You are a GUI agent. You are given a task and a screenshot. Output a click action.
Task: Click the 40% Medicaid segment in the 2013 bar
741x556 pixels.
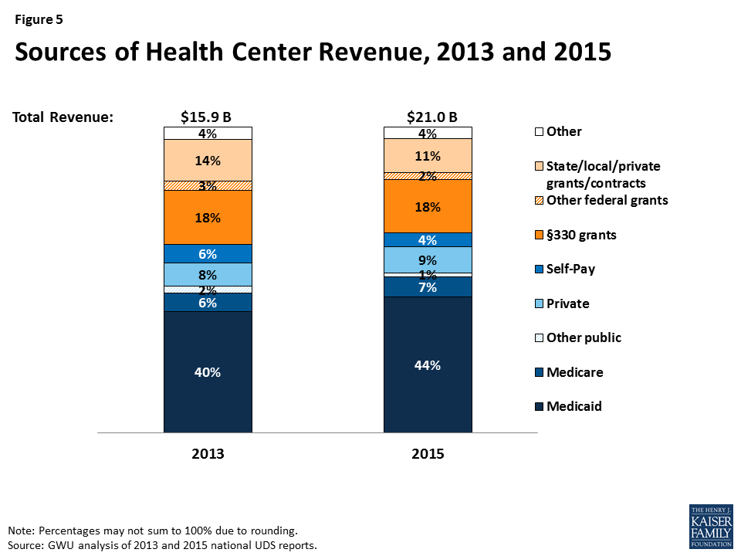pos(208,372)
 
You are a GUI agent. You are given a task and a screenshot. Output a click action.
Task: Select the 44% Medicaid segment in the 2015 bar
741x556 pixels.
pos(428,365)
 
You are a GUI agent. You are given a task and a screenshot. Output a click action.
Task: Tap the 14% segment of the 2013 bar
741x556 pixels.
pos(208,161)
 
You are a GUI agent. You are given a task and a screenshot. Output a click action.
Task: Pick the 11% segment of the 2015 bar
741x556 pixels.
pos(428,156)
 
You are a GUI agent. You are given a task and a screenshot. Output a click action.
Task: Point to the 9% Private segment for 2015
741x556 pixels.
pos(428,260)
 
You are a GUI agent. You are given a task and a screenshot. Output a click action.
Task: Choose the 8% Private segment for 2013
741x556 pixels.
pos(208,274)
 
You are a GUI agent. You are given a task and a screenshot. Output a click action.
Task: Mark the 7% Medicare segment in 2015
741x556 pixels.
pos(428,287)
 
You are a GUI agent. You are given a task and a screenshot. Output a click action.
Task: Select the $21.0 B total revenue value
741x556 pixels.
pos(432,117)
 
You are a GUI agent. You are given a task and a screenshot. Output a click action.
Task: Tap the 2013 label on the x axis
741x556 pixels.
pos(208,454)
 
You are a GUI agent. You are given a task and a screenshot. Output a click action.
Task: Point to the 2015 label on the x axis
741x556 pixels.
pos(428,454)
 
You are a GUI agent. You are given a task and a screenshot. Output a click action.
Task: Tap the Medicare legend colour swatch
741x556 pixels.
pos(538,372)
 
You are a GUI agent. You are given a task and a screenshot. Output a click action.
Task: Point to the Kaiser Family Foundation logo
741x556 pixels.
pos(710,526)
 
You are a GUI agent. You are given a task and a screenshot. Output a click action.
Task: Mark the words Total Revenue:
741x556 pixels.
pos(63,117)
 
